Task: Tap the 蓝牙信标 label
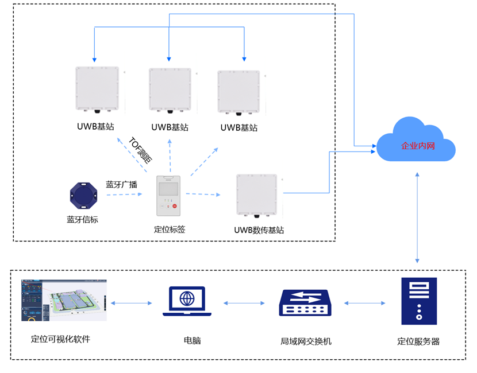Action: click(82, 219)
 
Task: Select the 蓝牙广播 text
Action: click(121, 185)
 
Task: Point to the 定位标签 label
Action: click(170, 230)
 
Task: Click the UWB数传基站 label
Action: click(259, 230)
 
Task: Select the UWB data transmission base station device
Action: click(257, 196)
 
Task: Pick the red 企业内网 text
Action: click(418, 146)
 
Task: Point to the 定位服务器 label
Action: click(418, 341)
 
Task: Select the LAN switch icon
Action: click(305, 302)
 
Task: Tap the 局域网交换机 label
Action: click(306, 341)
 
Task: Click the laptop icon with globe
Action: click(187, 301)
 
